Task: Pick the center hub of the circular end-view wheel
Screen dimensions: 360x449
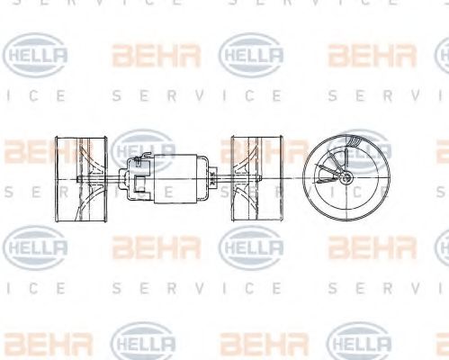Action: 346,176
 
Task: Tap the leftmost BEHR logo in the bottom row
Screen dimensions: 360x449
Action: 36,342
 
